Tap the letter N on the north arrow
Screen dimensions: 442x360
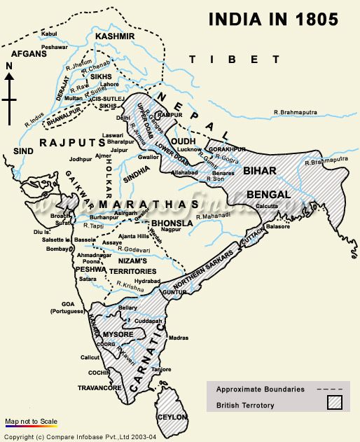pyautogui.click(x=9, y=67)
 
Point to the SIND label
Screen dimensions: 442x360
pyautogui.click(x=22, y=150)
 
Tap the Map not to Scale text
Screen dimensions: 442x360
pyautogui.click(x=30, y=421)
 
